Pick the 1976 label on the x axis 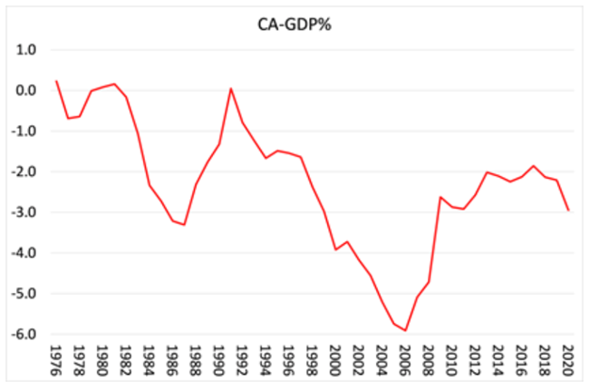(56, 357)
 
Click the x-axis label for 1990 (219, 357)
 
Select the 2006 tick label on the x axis (405, 357)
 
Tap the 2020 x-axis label (568, 357)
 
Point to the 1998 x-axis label (312, 357)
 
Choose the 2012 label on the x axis (475, 357)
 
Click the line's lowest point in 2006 (405, 331)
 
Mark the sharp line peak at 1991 (231, 88)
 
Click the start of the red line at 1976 (56, 81)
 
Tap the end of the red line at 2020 (568, 210)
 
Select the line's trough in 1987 (184, 225)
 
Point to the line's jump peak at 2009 (440, 197)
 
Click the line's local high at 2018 (534, 166)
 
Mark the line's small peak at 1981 (114, 84)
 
